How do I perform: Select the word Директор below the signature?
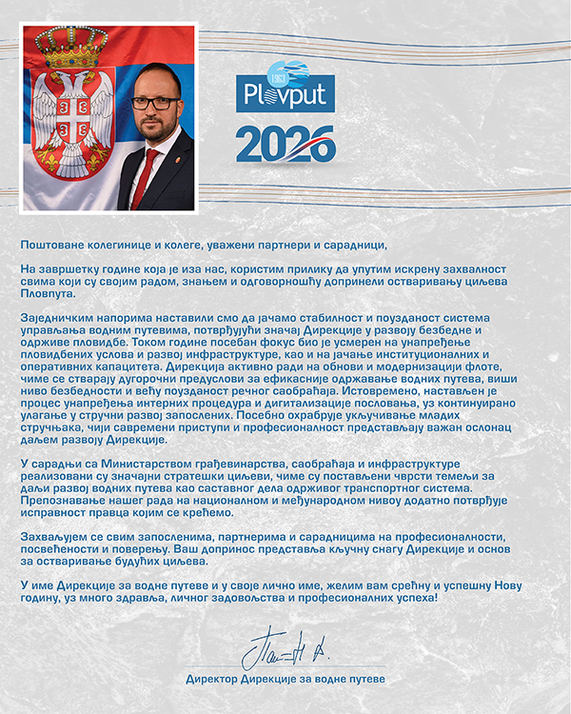215,679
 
